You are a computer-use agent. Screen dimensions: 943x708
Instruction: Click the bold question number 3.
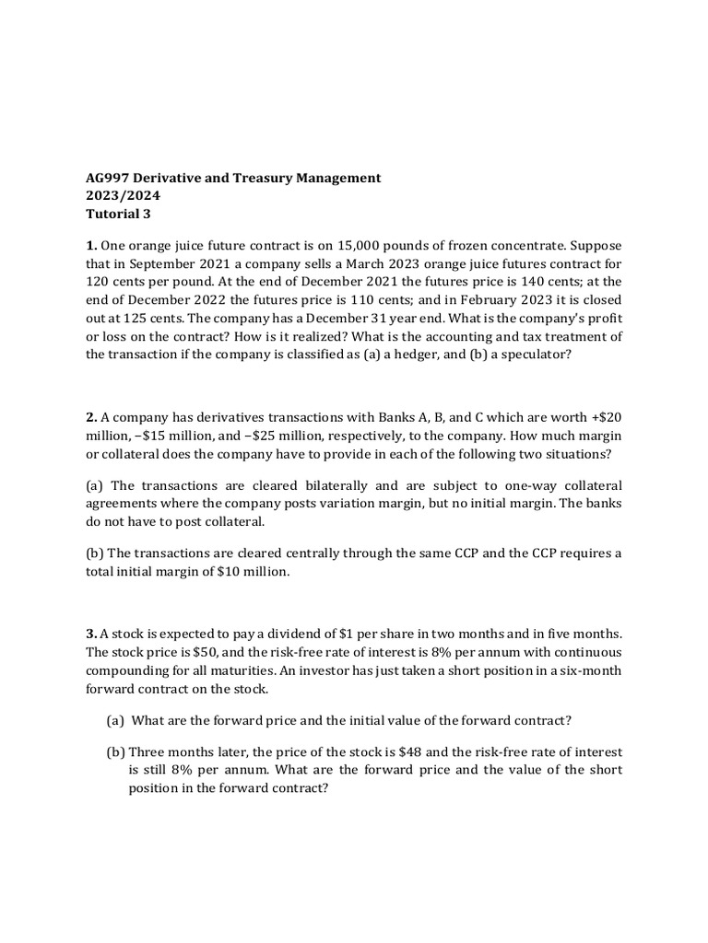[90, 634]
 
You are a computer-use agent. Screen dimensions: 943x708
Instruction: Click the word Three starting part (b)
[149, 751]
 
